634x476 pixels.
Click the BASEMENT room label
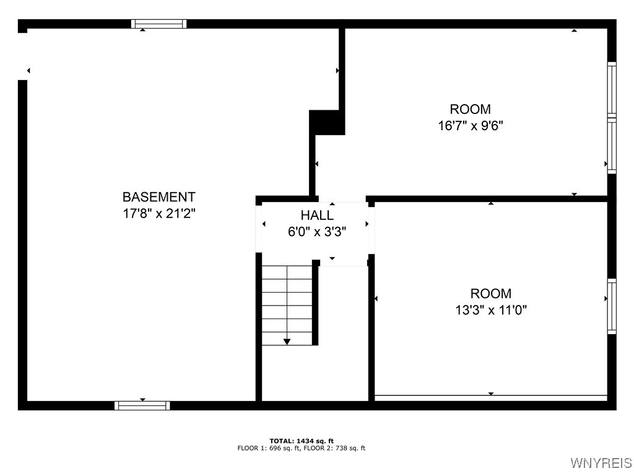pos(158,197)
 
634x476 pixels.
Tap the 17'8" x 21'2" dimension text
pos(158,213)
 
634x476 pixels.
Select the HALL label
pos(317,216)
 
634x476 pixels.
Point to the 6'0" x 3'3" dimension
pos(317,232)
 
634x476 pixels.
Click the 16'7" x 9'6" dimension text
pos(471,126)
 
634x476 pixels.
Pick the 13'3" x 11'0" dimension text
pos(491,310)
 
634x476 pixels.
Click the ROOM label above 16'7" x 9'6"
pos(471,110)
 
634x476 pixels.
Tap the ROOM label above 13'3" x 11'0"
pos(491,294)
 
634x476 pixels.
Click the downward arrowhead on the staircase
pos(287,341)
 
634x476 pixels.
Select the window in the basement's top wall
pos(159,24)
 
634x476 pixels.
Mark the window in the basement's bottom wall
pos(142,405)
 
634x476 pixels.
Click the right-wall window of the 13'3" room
pos(612,306)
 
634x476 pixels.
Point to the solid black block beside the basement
pos(326,122)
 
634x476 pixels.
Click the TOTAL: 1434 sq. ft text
pos(302,441)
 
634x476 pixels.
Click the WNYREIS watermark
pos(601,463)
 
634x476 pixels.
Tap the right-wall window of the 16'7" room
pos(612,118)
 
